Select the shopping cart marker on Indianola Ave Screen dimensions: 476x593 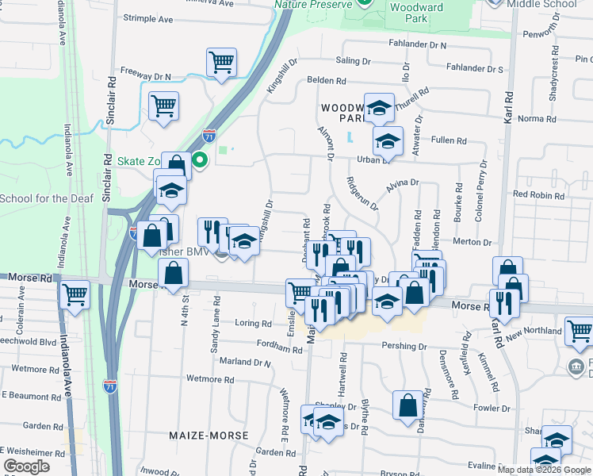coord(75,294)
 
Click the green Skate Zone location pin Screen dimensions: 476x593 coord(201,161)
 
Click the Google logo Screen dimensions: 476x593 coord(27,467)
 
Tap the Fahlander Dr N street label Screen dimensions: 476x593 coord(418,45)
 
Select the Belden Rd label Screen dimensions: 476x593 coord(327,80)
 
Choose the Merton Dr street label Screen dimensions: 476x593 coord(472,242)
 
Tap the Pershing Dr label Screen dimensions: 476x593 coord(404,347)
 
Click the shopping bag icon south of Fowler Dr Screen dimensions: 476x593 coord(407,405)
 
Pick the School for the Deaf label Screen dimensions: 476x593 coord(47,198)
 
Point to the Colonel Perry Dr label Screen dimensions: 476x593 coord(480,191)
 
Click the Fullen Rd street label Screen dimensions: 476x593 coord(448,140)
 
